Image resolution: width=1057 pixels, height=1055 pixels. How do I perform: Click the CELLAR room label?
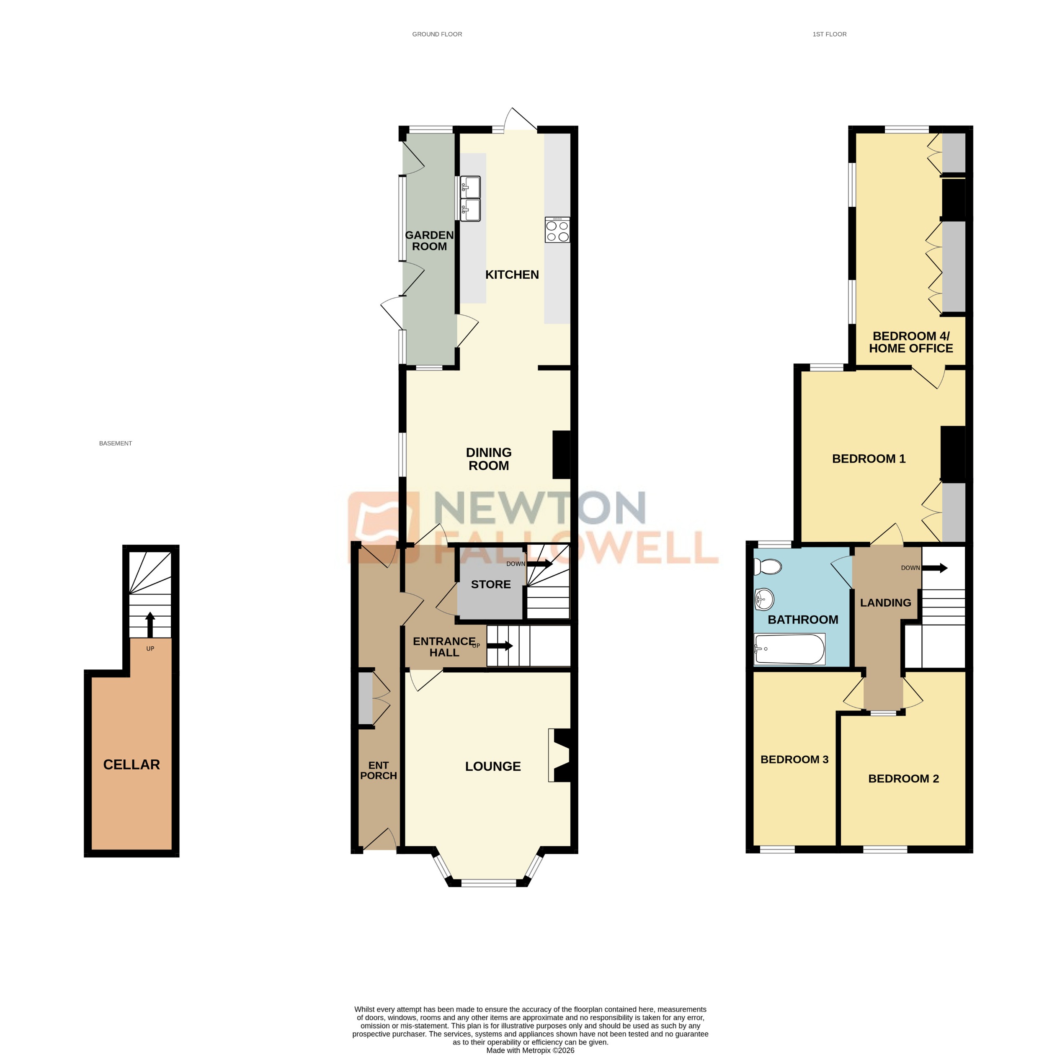(131, 764)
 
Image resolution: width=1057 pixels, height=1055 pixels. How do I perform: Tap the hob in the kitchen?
(557, 230)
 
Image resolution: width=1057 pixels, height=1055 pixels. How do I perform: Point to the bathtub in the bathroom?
(789, 649)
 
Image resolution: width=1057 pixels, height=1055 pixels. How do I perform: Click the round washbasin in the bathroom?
(764, 600)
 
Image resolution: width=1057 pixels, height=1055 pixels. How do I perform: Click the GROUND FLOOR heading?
(437, 34)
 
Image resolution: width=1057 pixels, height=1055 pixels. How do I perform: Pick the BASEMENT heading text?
(116, 443)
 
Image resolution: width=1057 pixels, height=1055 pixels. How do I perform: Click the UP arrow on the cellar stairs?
(150, 625)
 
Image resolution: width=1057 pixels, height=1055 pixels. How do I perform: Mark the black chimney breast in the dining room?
(561, 455)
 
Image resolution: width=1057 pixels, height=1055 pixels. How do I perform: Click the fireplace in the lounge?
(560, 755)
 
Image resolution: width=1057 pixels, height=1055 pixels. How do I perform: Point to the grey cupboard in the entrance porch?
(365, 698)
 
